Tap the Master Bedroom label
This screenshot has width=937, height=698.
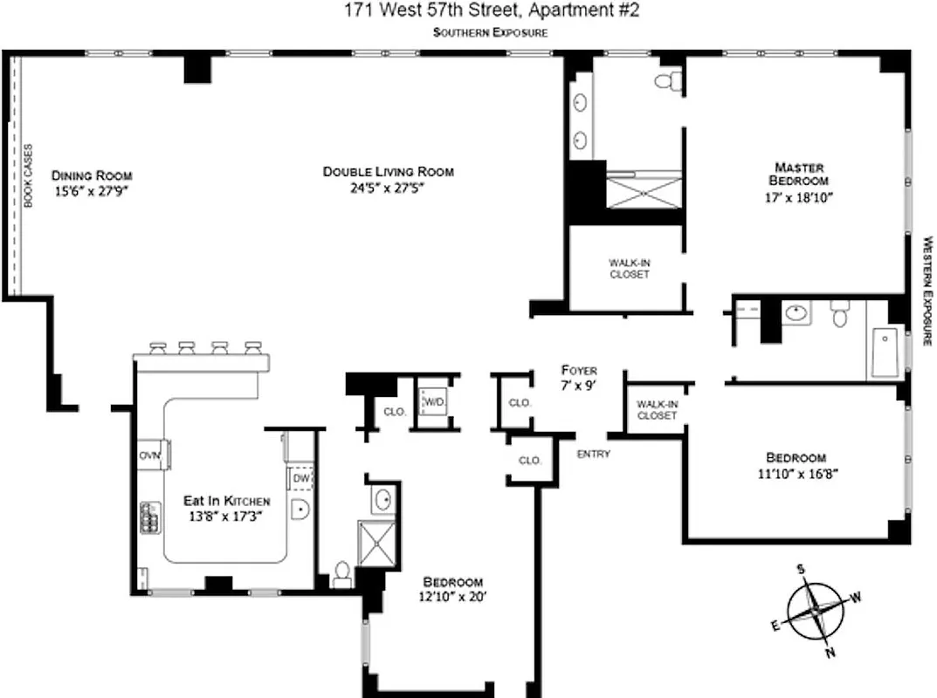[799, 174]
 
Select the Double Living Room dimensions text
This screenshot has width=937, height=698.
[388, 187]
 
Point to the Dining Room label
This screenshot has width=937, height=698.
[91, 175]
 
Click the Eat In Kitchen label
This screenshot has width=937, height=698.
[226, 501]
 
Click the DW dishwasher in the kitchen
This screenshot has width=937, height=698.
[300, 478]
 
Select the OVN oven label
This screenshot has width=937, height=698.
[148, 455]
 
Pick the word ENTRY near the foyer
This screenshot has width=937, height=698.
[593, 454]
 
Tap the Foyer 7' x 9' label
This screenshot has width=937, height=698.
[579, 377]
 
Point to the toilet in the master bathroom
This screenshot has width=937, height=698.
[669, 81]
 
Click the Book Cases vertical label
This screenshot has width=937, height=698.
[27, 175]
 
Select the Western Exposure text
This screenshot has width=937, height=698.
[927, 291]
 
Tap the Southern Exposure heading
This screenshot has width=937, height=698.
[491, 32]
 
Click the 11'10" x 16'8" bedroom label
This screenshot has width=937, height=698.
[796, 465]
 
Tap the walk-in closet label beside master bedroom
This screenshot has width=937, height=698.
[629, 268]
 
